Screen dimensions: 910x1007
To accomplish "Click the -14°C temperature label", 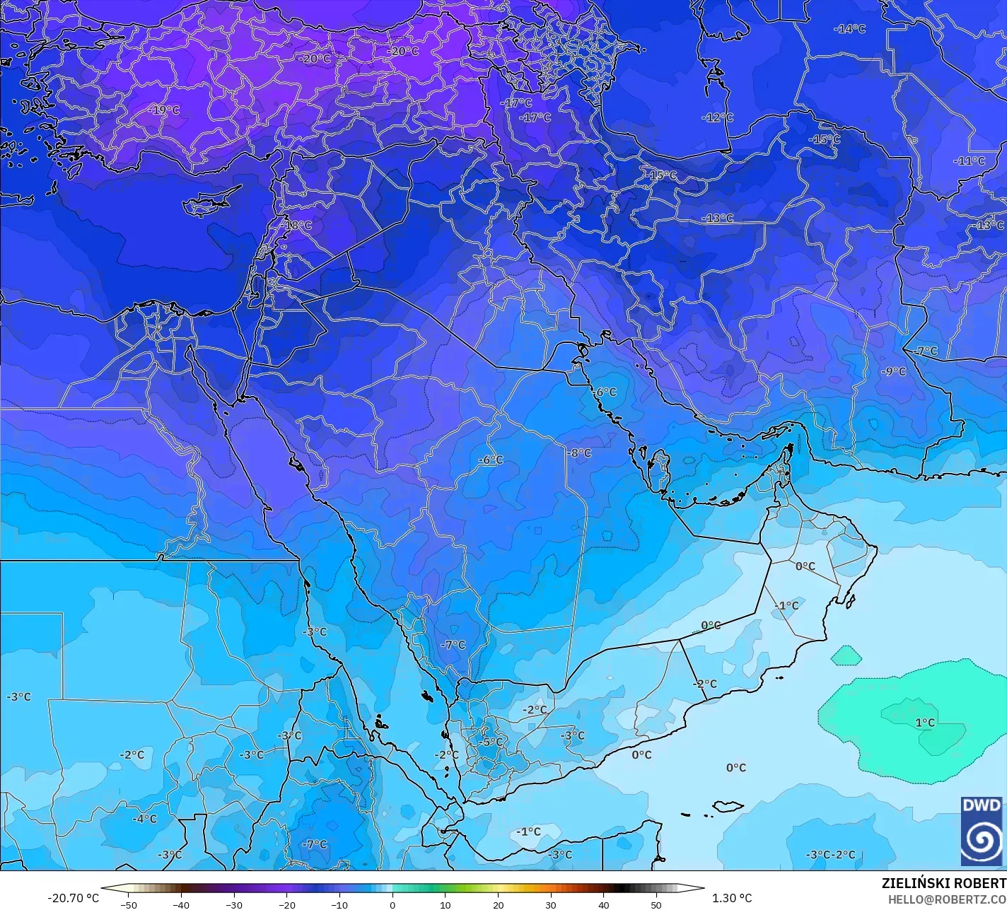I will coord(849,29).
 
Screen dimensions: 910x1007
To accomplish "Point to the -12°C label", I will coord(717,117).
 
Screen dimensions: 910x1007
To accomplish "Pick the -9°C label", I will coord(893,372).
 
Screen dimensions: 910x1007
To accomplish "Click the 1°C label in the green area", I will coord(924,723).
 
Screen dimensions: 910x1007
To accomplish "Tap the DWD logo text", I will coord(982,806).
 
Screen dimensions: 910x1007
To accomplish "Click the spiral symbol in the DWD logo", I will coord(982,840).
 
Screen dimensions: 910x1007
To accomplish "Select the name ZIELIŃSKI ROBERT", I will coord(943,883).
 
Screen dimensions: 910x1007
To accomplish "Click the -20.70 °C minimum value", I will coord(73,898).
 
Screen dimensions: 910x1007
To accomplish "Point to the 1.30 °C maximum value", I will coord(732,898).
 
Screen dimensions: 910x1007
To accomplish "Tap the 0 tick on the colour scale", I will coord(392,905).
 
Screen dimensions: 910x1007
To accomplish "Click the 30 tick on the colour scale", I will coord(551,905).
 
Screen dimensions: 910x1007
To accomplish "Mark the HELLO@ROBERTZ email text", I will coord(947,899).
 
